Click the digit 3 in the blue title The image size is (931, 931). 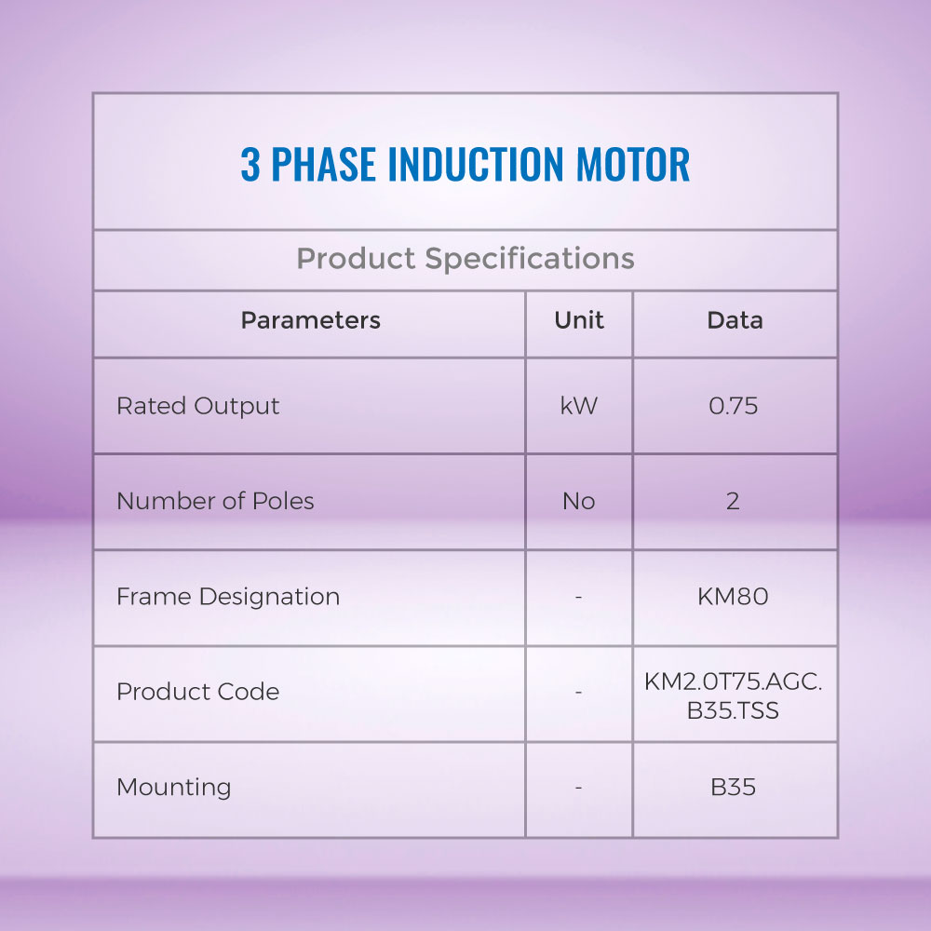pyautogui.click(x=250, y=164)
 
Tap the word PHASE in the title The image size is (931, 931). pyautogui.click(x=324, y=164)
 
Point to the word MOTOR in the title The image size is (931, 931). pyautogui.click(x=633, y=164)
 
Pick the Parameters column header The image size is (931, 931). pyautogui.click(x=311, y=320)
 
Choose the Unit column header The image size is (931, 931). pyautogui.click(x=579, y=320)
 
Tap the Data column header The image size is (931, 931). pyautogui.click(x=735, y=320)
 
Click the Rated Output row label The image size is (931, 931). pyautogui.click(x=198, y=407)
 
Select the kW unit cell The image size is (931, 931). pyautogui.click(x=579, y=406)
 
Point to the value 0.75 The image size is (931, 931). pyautogui.click(x=734, y=406)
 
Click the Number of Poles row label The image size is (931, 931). pyautogui.click(x=216, y=501)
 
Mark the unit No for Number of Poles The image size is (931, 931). pyautogui.click(x=579, y=502)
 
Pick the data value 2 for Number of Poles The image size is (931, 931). pyautogui.click(x=734, y=502)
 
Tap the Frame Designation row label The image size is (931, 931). pyautogui.click(x=229, y=597)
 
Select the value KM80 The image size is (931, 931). pyautogui.click(x=734, y=597)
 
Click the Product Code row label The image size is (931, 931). pyautogui.click(x=198, y=692)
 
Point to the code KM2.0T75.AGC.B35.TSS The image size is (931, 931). pyautogui.click(x=734, y=695)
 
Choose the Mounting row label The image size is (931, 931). pyautogui.click(x=174, y=788)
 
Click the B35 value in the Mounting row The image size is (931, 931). pyautogui.click(x=734, y=788)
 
